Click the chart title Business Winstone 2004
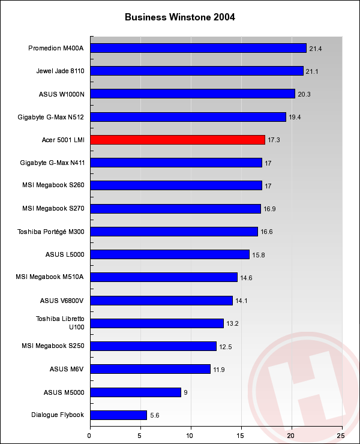(x=180, y=17)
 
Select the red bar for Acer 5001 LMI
(x=177, y=140)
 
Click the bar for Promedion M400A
(x=198, y=48)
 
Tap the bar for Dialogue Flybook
(x=118, y=415)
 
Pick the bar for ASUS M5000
(x=135, y=392)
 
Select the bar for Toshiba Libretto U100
(x=157, y=323)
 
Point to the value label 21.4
(x=316, y=49)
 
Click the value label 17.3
(x=274, y=140)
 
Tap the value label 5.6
(x=156, y=415)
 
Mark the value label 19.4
(x=295, y=117)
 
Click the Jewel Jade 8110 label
(x=60, y=71)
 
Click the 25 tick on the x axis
(x=341, y=436)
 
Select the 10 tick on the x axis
(x=190, y=436)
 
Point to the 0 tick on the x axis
(x=90, y=436)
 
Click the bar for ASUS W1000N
(x=192, y=94)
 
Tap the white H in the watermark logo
(x=300, y=384)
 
